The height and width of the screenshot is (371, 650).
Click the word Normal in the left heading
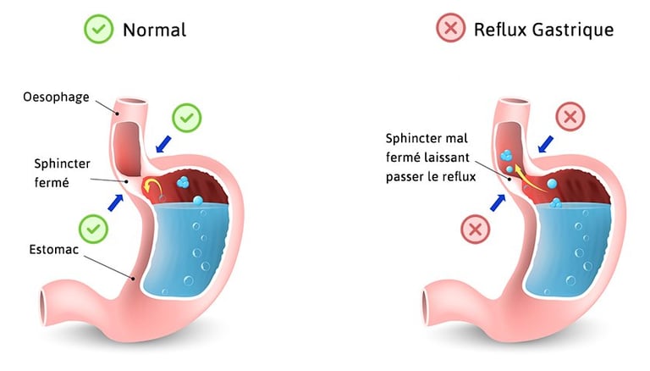click(x=154, y=30)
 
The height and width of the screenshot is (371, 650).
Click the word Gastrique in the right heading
click(x=573, y=30)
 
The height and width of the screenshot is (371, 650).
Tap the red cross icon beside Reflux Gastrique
click(x=449, y=29)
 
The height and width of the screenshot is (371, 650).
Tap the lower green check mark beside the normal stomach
click(x=94, y=229)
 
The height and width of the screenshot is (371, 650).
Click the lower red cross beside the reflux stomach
click(x=476, y=229)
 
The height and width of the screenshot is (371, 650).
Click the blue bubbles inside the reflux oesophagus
click(x=506, y=158)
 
